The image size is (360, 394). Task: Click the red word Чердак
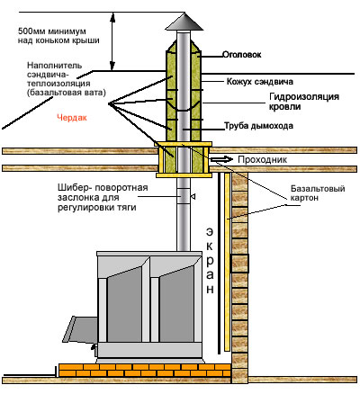(72, 118)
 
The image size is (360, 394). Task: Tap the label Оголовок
(241, 55)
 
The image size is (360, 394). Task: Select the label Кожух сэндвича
(260, 82)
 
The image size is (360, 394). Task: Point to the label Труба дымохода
(258, 126)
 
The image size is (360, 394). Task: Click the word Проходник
(262, 159)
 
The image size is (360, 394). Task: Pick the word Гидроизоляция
(304, 97)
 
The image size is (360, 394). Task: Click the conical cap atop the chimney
(184, 22)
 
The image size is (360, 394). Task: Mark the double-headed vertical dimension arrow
(112, 41)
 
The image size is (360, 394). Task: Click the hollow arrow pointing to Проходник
(220, 159)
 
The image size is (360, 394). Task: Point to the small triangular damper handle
(193, 197)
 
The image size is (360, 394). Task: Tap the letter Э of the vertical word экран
(210, 232)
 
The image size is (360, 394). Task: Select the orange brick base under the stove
(145, 370)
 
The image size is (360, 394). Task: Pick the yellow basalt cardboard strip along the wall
(227, 262)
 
